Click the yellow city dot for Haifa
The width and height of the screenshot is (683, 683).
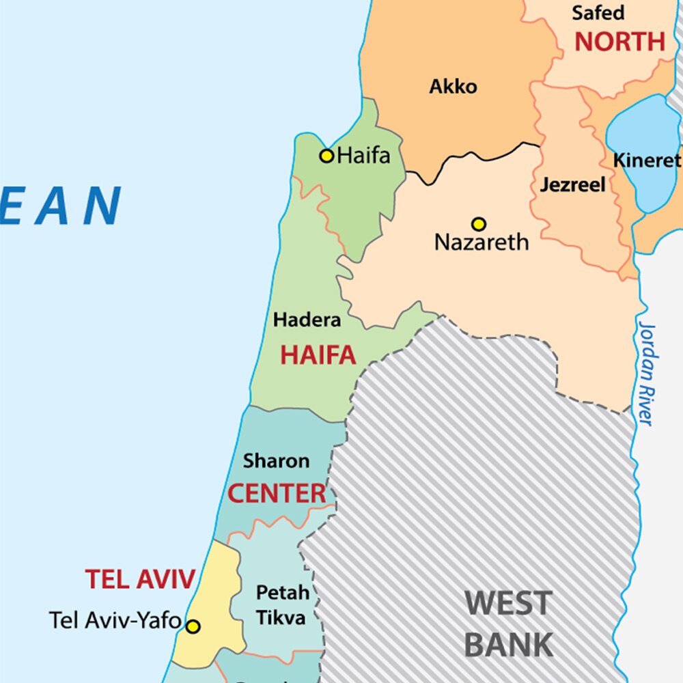click(327, 156)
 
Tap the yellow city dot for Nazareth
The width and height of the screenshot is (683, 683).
click(479, 224)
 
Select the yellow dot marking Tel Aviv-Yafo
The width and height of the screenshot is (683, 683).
click(193, 626)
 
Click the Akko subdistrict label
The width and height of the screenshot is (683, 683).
click(453, 87)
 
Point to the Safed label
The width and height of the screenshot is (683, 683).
click(598, 12)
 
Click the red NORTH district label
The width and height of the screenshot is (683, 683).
click(619, 42)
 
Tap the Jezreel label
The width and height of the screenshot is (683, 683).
click(572, 184)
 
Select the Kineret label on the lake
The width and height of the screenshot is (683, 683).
click(647, 161)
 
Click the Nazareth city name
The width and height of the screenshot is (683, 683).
click(482, 242)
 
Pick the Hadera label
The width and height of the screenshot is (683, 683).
click(307, 320)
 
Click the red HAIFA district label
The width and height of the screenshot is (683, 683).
click(318, 355)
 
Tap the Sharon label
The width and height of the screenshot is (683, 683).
click(276, 461)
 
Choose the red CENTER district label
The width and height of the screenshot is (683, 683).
click(277, 493)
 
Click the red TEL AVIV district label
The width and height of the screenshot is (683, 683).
click(140, 579)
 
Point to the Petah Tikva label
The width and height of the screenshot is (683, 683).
click(282, 605)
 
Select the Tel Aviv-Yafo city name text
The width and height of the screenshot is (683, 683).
click(115, 620)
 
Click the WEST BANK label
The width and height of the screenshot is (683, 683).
click(509, 624)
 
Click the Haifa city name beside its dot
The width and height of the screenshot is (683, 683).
click(364, 156)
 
